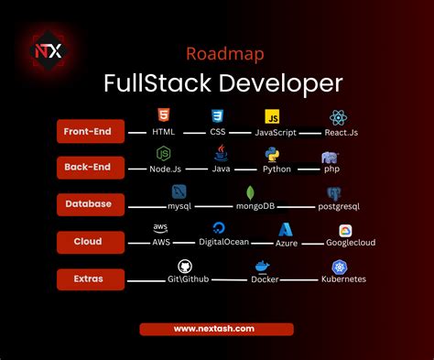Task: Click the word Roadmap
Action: (x=216, y=54)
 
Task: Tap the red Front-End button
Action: (x=89, y=132)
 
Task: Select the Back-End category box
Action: (x=89, y=167)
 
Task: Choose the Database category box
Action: (x=89, y=203)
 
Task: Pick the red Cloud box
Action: (x=89, y=242)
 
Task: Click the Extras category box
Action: (x=89, y=278)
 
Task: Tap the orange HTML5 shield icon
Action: (x=163, y=116)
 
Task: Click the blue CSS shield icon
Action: (x=218, y=116)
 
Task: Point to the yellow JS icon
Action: (x=272, y=117)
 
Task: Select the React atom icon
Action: (x=338, y=116)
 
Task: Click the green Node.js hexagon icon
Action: (x=163, y=153)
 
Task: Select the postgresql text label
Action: (x=337, y=207)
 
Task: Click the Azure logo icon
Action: (x=287, y=229)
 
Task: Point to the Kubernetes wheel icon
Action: (x=339, y=267)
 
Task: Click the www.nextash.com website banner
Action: (x=216, y=329)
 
